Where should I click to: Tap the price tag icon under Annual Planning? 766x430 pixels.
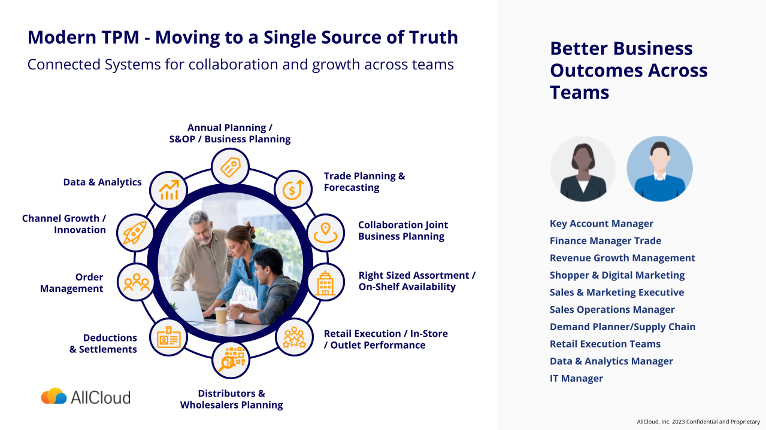[x=231, y=167]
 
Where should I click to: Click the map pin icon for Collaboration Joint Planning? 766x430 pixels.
[x=325, y=233]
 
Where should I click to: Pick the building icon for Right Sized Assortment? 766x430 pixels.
[x=325, y=282]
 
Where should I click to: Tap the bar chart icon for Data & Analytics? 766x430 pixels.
[x=168, y=190]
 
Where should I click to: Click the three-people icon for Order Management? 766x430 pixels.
[x=136, y=282]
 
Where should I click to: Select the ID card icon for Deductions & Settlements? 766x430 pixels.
[x=168, y=337]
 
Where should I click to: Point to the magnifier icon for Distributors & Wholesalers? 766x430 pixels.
[x=231, y=360]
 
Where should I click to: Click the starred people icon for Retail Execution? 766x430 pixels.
[x=294, y=337]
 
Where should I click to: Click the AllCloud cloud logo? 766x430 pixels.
[x=54, y=397]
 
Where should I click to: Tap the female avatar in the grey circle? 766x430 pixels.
[x=583, y=169]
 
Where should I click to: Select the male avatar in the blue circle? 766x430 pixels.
[x=659, y=169]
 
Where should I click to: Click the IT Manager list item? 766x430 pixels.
[x=576, y=379]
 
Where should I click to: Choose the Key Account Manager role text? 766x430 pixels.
[x=601, y=224]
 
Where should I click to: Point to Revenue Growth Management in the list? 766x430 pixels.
[x=622, y=258]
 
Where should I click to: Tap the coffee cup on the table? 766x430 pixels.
[x=221, y=315]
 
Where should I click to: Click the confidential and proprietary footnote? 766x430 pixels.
[x=698, y=422]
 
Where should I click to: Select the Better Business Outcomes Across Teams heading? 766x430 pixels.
[x=628, y=71]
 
